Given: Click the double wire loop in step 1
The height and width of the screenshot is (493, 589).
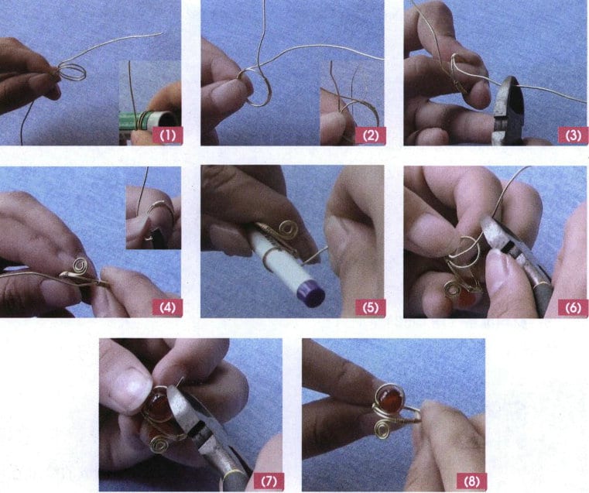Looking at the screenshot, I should [x=72, y=73].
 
